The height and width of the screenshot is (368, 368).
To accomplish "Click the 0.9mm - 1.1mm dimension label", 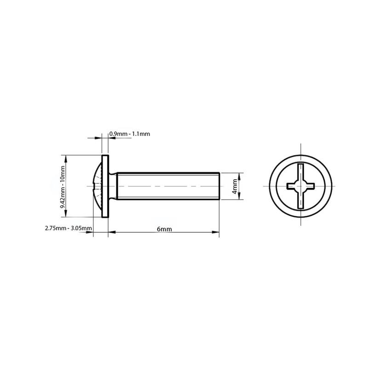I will (x=129, y=134).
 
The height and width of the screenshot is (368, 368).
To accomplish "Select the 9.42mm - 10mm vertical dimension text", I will (x=63, y=187).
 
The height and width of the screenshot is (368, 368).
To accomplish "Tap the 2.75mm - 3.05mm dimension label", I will (x=68, y=228).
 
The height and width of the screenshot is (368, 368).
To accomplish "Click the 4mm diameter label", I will (x=235, y=186).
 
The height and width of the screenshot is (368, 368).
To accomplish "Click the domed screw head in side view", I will (x=97, y=186).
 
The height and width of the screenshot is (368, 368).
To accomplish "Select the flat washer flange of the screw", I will (x=105, y=186).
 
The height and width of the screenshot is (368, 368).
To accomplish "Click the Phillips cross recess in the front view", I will (x=300, y=186).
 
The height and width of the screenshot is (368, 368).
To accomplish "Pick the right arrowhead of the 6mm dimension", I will (x=216, y=232).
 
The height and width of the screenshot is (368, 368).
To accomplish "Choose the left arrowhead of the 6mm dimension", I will (x=111, y=232).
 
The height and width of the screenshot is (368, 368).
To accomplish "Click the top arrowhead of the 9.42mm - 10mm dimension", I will (x=67, y=158).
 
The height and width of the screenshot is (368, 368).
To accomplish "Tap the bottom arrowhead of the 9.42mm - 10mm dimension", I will (x=67, y=214).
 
